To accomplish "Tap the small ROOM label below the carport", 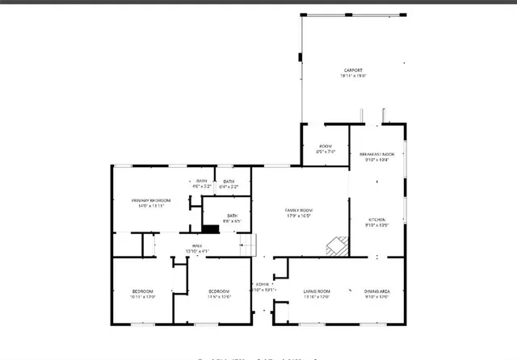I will (x=326, y=145).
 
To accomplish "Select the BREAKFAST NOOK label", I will (x=376, y=153).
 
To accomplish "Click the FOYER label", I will (x=263, y=285).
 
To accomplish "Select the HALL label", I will (x=196, y=246).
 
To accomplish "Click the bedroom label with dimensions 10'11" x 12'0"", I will (x=143, y=291).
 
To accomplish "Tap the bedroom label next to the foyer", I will (x=221, y=291).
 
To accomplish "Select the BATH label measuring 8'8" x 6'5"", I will (x=232, y=216).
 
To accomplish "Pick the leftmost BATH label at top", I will (x=202, y=181).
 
